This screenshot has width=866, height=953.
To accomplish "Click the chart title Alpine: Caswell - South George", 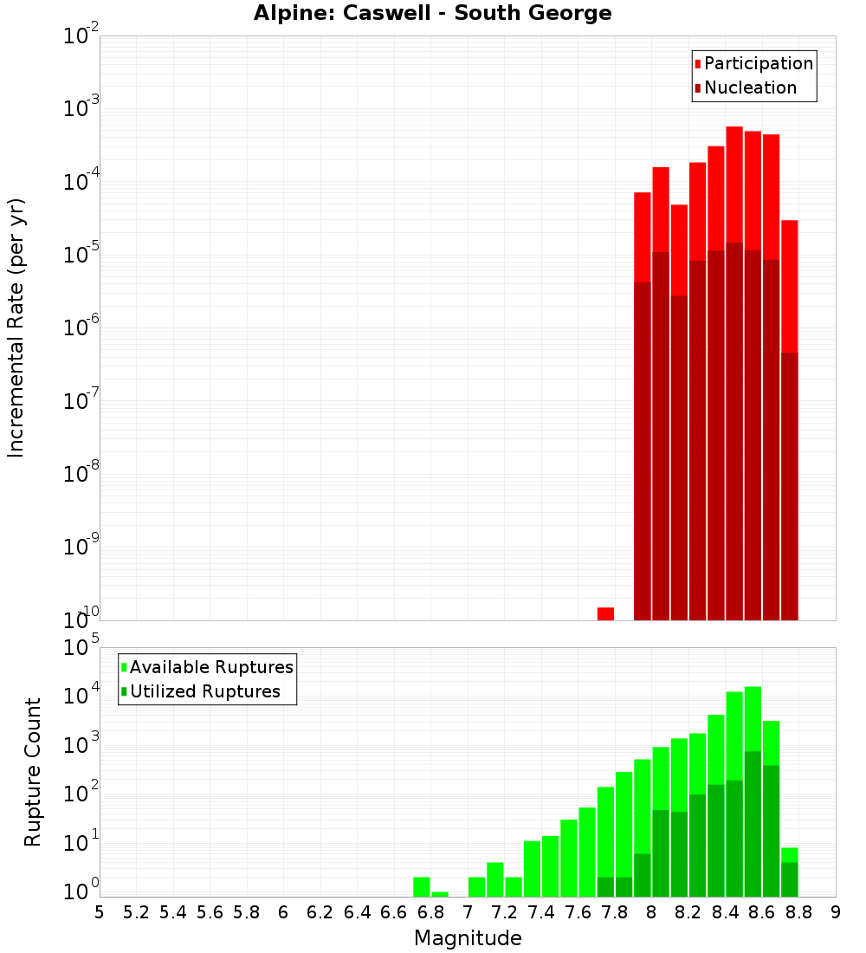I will [x=432, y=14].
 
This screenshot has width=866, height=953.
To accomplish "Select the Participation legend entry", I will [x=758, y=63].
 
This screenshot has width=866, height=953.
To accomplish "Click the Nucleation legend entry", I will [x=749, y=88].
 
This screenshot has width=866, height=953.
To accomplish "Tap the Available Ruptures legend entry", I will [x=210, y=667].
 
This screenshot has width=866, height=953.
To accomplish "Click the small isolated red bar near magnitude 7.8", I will [x=605, y=613].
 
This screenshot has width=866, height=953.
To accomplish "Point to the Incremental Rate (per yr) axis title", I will [x=16, y=327].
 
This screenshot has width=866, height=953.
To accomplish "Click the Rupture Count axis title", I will [x=33, y=771].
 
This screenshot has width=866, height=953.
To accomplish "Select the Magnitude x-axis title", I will [x=468, y=938].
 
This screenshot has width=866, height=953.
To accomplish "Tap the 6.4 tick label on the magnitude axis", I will [x=357, y=912].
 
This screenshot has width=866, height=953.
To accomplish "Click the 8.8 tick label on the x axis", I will [x=798, y=912].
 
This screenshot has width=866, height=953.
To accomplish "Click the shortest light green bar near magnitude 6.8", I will [x=440, y=894].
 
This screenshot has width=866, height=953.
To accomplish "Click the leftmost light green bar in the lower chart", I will [x=422, y=887].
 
